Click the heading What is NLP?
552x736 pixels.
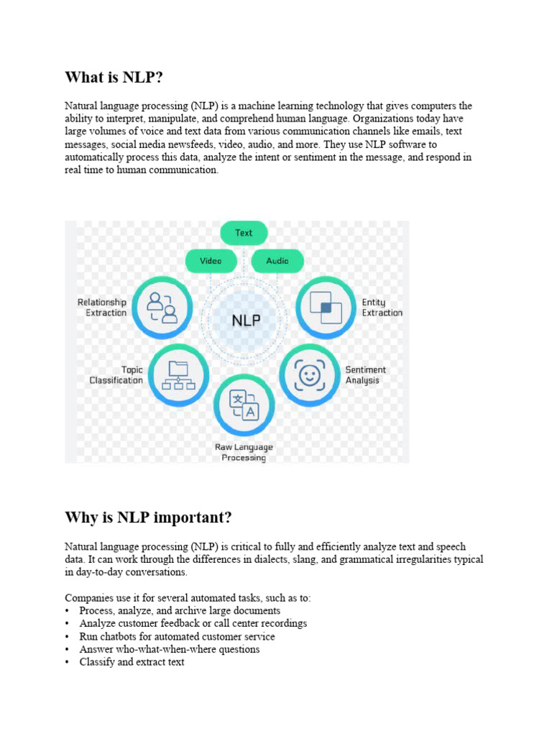(119, 77)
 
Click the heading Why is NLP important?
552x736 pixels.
(148, 517)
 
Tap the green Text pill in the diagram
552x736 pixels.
(244, 233)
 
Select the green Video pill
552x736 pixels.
(211, 261)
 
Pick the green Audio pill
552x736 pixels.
(277, 261)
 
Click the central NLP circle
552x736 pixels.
(246, 321)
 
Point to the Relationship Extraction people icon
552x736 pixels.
(162, 307)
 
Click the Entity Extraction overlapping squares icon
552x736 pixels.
(326, 308)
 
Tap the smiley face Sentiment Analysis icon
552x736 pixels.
(308, 374)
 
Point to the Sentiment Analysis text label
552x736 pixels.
(365, 375)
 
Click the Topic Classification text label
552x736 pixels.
(116, 375)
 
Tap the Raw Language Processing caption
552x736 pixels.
(244, 452)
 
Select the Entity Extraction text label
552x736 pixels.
(382, 308)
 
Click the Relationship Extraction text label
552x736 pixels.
(102, 308)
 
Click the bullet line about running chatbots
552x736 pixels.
(177, 636)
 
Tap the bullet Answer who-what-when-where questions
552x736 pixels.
(170, 649)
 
